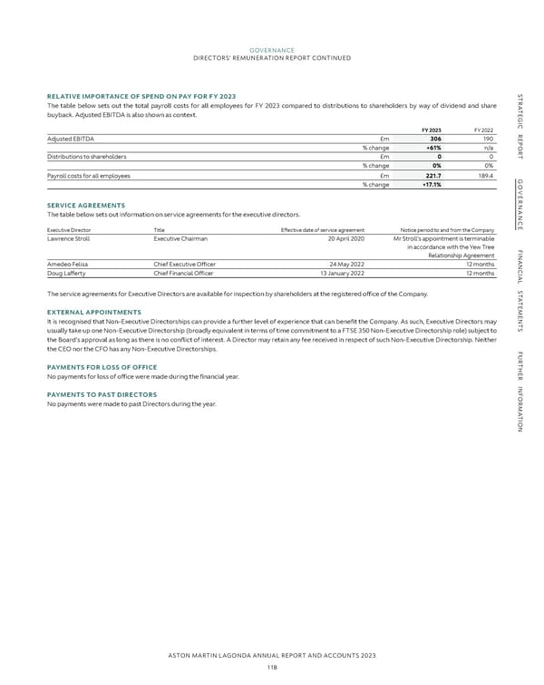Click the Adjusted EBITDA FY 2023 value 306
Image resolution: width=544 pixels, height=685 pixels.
tap(435, 139)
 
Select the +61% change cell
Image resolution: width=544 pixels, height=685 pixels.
tap(432, 148)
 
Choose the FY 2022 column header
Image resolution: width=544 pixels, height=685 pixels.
tap(482, 129)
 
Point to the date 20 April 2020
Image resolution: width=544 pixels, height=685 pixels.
tap(344, 238)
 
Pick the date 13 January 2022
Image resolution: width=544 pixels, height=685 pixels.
tap(341, 274)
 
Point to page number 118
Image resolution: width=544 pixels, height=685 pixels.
tap(271, 668)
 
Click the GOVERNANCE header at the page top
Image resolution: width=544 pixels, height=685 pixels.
tap(271, 50)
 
